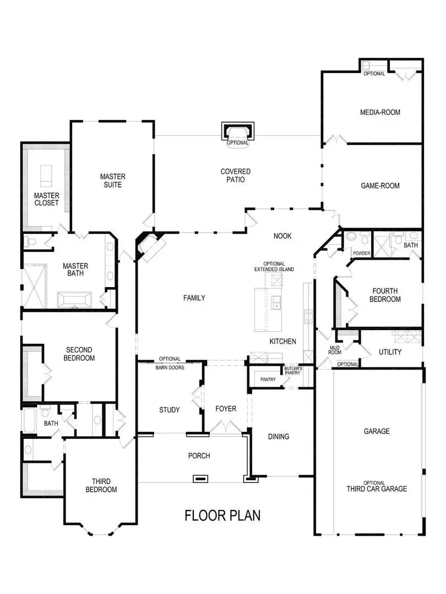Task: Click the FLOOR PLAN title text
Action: click(222, 515)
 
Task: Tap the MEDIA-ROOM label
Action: click(380, 112)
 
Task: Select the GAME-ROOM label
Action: click(380, 186)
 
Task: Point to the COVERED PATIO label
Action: click(236, 175)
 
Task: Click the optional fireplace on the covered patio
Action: click(238, 133)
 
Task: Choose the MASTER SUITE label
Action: click(112, 180)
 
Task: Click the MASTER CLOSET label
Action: click(46, 199)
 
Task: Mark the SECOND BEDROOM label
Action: click(80, 354)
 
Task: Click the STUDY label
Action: click(169, 410)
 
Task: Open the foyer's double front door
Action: click(226, 427)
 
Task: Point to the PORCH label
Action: click(199, 455)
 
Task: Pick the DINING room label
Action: click(279, 437)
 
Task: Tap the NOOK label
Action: click(282, 236)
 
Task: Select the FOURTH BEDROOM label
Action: click(386, 295)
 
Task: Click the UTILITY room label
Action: click(390, 352)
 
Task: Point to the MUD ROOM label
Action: click(335, 350)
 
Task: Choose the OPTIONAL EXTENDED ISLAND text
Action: click(274, 266)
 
